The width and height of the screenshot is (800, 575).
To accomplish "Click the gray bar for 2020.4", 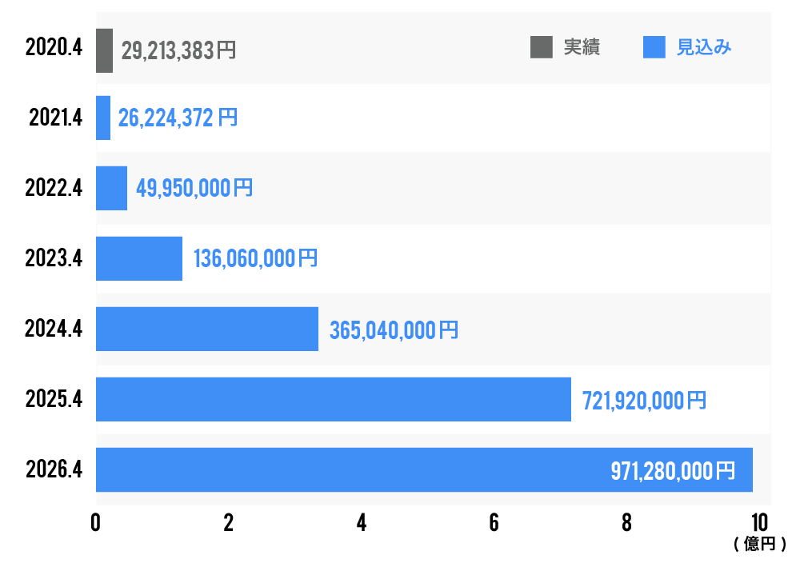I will coord(104,50).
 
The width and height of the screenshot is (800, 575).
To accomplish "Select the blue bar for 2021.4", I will coord(103,118).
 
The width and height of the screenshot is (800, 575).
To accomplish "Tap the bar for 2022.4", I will coord(111,188).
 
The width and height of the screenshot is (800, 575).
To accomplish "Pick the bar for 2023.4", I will coord(139,258).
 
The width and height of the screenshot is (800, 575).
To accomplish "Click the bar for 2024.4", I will coord(207,329).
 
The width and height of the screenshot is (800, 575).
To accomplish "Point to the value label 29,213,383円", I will coord(178,51).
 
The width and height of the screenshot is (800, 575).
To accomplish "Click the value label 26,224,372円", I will coord(178,118).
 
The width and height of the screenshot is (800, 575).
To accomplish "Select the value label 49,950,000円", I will coord(194,189).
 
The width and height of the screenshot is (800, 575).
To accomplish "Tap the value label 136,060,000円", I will coord(255,259).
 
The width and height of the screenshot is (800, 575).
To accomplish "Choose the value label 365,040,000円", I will coord(394,329).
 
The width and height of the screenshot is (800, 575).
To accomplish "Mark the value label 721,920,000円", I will coord(644,400).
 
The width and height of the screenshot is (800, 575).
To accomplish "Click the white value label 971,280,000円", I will coord(672,470).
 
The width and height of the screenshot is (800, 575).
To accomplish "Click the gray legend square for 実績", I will coord(542,48).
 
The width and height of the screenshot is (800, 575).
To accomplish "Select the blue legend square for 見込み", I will coord(654,48).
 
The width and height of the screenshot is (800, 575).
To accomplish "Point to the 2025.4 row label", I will coord(54,399).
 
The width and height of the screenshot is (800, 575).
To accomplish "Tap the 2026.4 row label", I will coord(54,469).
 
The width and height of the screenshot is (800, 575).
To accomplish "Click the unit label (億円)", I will coord(758,545).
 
